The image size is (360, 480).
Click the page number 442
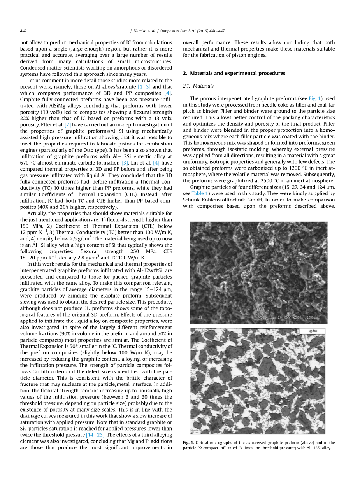pyautogui.click(x=23, y=31)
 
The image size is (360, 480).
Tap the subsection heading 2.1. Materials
pyautogui.click(x=198, y=86)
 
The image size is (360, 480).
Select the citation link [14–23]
pyautogui.click(x=95, y=435)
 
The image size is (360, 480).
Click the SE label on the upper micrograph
pyautogui.click(x=200, y=317)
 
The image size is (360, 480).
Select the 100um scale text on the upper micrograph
pyautogui.click(x=312, y=317)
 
